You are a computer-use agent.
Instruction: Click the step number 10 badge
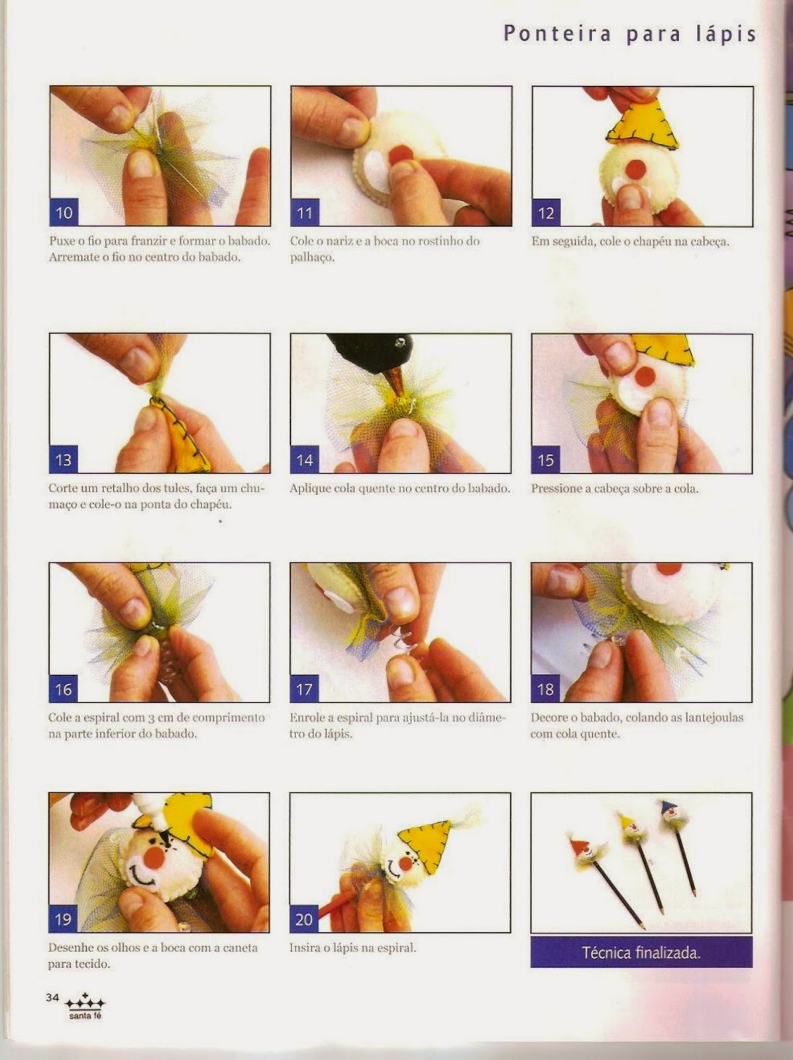click(x=64, y=212)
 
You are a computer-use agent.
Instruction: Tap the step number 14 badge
click(x=305, y=459)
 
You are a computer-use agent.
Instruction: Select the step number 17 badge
click(x=304, y=688)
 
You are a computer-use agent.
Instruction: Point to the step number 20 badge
click(x=304, y=919)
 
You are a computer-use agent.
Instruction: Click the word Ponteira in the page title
click(x=557, y=34)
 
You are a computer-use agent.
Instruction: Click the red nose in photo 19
click(x=156, y=856)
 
